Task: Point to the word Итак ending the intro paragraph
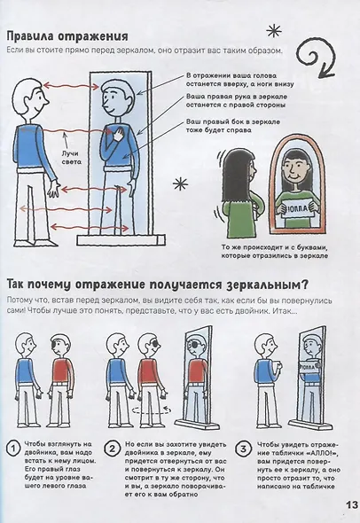[323, 312]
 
